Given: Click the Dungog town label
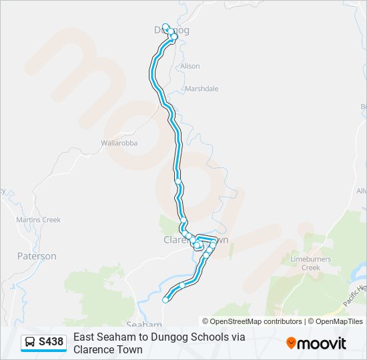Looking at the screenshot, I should point(171,30).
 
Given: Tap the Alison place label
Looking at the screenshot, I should point(190,66).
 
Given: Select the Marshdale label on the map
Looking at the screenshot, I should point(202,89).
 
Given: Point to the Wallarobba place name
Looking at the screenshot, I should point(119,143).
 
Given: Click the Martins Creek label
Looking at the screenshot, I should point(38,220).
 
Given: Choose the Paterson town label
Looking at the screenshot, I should point(37,256).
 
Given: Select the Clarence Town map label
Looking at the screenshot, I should point(196,239).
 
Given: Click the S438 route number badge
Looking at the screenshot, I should point(51,342).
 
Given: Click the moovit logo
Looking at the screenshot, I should point(316,343).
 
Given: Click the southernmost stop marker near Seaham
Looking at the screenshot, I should point(165,300).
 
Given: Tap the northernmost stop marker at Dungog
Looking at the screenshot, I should point(165,27).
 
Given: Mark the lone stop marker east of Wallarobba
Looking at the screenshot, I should point(178,181).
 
